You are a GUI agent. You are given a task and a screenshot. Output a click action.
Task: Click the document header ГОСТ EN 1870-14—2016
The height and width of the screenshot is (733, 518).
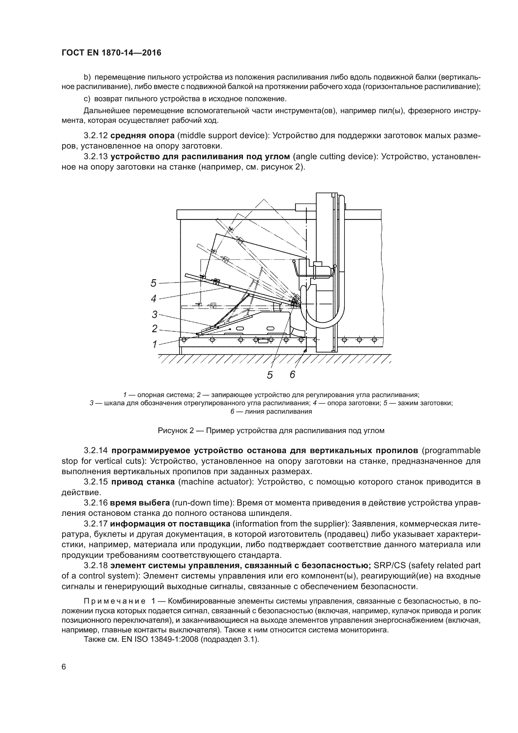pyautogui.click(x=111, y=53)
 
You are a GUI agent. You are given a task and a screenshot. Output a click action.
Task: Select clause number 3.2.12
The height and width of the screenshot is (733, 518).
pyautogui.click(x=96, y=136)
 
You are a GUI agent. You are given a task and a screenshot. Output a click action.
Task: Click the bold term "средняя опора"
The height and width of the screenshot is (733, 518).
pyautogui.click(x=142, y=136)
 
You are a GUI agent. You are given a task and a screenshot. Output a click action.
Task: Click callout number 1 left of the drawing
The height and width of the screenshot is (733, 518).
pyautogui.click(x=155, y=344)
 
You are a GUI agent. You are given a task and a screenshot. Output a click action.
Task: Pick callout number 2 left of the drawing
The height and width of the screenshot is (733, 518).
pyautogui.click(x=155, y=328)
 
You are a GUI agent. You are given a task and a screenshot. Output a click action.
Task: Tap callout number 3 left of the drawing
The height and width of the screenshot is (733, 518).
pyautogui.click(x=155, y=314)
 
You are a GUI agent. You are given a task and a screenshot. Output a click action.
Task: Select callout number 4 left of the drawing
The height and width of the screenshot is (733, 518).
pyautogui.click(x=154, y=299)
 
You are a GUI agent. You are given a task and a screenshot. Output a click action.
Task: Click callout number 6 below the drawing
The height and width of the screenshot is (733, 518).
pyautogui.click(x=293, y=374)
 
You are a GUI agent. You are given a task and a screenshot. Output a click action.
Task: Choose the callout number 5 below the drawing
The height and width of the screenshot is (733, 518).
pyautogui.click(x=270, y=375)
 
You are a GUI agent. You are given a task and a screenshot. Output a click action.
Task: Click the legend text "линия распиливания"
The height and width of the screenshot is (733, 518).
pyautogui.click(x=278, y=411)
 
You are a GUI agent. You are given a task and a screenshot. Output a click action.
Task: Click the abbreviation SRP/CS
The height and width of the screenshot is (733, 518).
pyautogui.click(x=390, y=565)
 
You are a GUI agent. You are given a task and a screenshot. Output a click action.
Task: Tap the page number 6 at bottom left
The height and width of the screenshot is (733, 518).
pyautogui.click(x=64, y=667)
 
